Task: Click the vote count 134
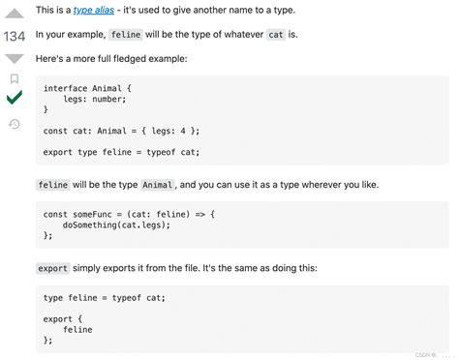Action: click(15, 37)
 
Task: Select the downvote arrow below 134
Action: click(15, 58)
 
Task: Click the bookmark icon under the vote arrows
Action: click(15, 78)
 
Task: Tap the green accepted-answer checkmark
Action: click(15, 99)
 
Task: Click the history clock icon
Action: click(15, 123)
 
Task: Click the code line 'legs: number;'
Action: click(92, 99)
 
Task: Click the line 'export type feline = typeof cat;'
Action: click(121, 151)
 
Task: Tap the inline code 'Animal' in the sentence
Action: click(158, 184)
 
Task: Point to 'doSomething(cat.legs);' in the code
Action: click(115, 225)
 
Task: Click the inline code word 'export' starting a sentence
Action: click(52, 268)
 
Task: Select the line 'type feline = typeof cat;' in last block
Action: click(105, 297)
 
